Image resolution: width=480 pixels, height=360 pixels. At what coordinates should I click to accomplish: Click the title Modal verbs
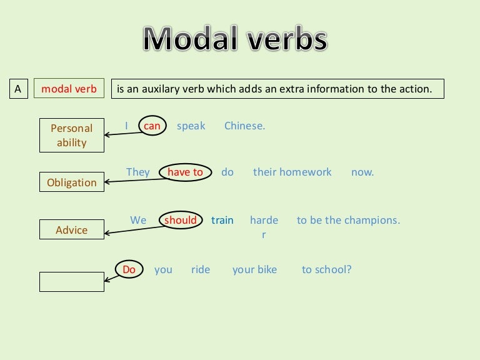point(235,38)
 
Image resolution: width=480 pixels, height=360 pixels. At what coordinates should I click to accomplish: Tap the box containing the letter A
point(19,89)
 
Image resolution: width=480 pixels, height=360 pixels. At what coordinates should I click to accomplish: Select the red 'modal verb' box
point(69,89)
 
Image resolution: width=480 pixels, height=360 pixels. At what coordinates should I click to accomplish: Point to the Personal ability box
point(72,135)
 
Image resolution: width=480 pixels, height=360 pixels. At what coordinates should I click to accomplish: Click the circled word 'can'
point(152,126)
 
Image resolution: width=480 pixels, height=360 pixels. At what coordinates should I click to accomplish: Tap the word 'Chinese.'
point(244,126)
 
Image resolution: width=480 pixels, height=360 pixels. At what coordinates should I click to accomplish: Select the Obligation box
point(72,182)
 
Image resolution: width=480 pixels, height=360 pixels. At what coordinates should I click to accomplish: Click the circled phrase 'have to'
point(185,172)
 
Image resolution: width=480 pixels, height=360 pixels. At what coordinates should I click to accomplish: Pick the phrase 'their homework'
point(292,172)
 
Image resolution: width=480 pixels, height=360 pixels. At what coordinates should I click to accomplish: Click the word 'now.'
point(362,172)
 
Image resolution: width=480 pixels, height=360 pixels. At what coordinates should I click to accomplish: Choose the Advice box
point(72,229)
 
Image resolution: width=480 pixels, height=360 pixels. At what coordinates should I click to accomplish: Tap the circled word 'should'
point(181,220)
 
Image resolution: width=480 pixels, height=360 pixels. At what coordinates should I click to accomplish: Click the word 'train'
point(222,221)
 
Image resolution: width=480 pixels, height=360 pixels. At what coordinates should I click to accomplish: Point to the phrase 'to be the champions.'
point(348,220)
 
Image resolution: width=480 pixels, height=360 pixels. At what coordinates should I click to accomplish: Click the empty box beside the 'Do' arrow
point(72,282)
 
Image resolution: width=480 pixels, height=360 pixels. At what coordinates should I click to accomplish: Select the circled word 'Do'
point(129,269)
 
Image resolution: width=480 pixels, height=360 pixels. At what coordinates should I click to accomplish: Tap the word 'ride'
point(201,270)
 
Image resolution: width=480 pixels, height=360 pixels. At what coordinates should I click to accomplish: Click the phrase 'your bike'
point(254,270)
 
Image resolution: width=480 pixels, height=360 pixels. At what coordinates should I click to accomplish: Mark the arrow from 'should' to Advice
point(135,230)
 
